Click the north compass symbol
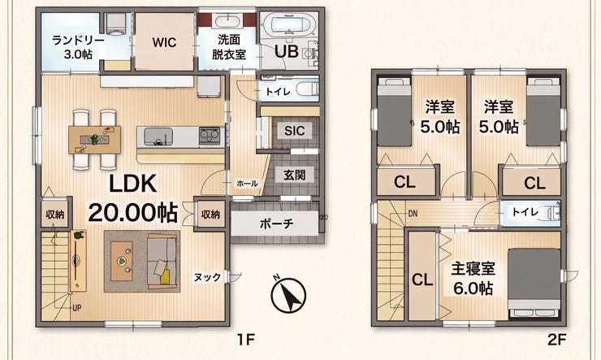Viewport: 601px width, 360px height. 288,294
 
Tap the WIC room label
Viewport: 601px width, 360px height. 164,41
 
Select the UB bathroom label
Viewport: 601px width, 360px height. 287,51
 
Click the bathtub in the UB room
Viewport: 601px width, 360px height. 289,24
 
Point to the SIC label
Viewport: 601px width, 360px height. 294,131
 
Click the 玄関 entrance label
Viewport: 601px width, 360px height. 294,176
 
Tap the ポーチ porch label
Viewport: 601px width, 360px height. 276,223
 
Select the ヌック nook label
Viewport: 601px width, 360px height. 207,277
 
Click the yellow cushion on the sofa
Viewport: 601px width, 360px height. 165,277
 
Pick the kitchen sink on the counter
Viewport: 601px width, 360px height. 158,137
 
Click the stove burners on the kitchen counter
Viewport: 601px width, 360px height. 210,136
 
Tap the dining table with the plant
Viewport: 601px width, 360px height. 94,140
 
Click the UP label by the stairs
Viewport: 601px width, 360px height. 76,308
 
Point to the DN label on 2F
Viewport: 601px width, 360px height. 413,214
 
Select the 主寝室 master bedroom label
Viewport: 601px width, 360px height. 473,269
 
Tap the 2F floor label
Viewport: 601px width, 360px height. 557,340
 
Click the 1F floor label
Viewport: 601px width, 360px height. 246,340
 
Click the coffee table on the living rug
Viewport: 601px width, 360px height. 122,261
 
